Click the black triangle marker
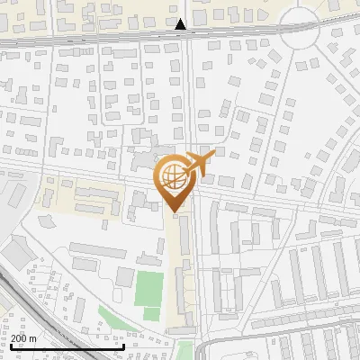[x=181, y=24]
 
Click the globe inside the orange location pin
[x=172, y=176]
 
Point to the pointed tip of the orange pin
[x=172, y=211]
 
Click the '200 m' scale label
[x=23, y=338]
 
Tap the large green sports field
[x=148, y=287]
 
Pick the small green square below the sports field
[x=151, y=313]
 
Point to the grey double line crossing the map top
[x=90, y=40]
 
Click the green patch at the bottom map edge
[x=184, y=353]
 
